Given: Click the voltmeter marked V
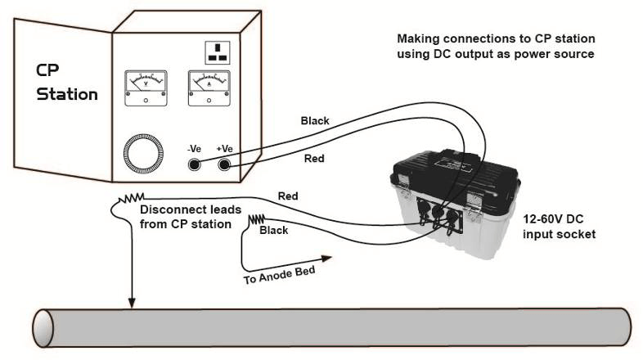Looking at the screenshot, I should tap(145, 86).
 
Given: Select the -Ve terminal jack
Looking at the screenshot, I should tap(196, 165).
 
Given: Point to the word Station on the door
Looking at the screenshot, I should tap(69, 94).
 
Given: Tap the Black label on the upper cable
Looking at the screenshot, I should tap(315, 120).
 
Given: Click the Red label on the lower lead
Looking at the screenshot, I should tap(287, 196).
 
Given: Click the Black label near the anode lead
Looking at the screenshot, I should tap(273, 232).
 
